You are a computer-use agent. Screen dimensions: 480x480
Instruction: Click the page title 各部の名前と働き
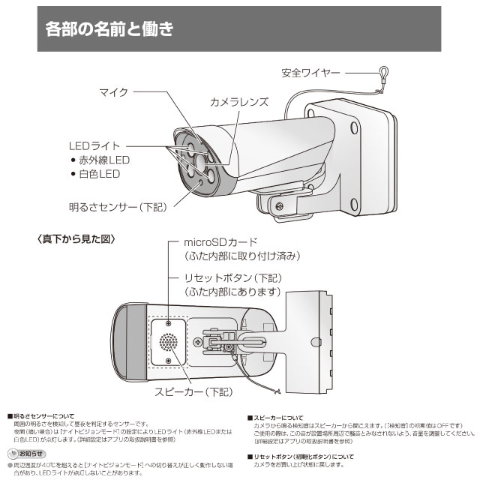point(109,31)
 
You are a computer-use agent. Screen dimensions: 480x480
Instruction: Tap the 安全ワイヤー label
point(310,73)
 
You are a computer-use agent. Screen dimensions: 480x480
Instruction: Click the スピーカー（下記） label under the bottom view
point(192,391)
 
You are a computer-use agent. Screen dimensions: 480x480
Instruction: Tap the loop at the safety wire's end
point(382,73)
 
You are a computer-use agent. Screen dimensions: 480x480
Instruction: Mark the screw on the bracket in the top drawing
point(279,205)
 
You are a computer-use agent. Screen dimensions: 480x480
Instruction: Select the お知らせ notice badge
point(24,454)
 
